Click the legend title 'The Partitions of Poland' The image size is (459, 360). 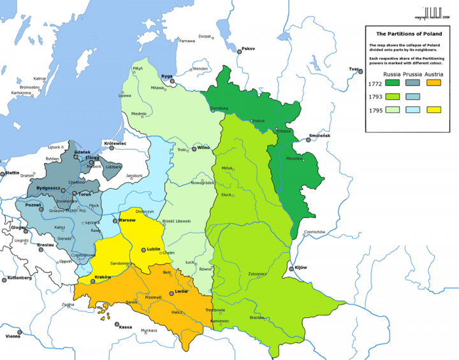pyautogui.click(x=405, y=35)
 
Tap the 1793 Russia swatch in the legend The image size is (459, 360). pyautogui.click(x=391, y=97)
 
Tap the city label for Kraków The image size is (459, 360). pyautogui.click(x=103, y=277)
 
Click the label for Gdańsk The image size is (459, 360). pyautogui.click(x=82, y=152)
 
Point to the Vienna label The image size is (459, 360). pyautogui.click(x=13, y=336)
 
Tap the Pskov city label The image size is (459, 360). pyautogui.click(x=248, y=48)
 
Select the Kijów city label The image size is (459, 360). pyautogui.click(x=300, y=268)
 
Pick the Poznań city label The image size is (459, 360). pyautogui.click(x=33, y=205)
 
